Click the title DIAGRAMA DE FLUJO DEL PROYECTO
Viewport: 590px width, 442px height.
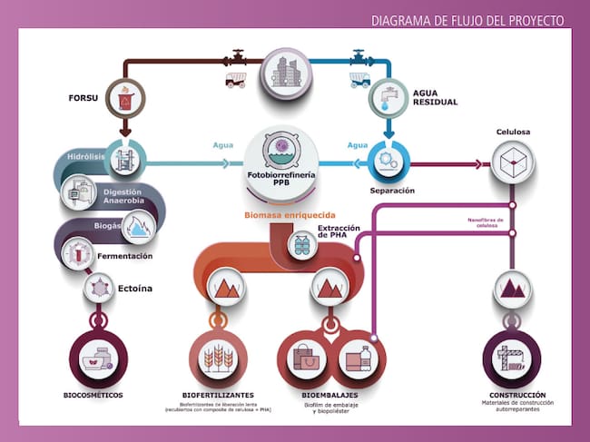pos(467,20)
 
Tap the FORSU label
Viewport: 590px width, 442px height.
pos(83,97)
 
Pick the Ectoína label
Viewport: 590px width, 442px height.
pos(135,289)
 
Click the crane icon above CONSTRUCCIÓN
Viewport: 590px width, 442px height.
pos(512,358)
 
